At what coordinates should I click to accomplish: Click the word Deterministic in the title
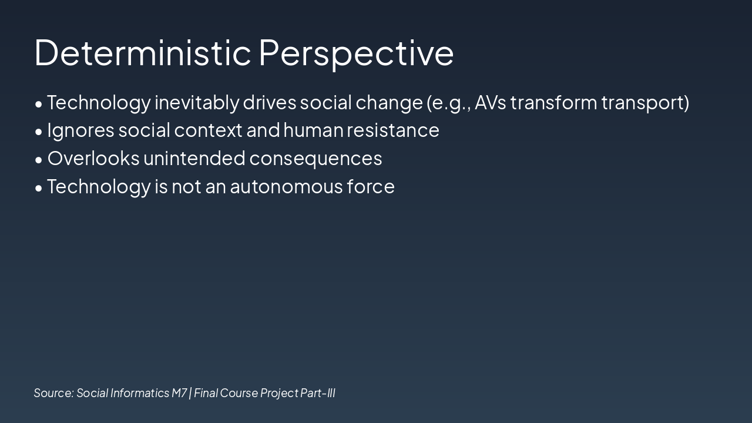coord(143,53)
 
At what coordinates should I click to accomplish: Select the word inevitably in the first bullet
coord(197,103)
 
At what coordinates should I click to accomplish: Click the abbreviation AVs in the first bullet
coord(490,102)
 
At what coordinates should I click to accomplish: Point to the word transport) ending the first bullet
coord(645,103)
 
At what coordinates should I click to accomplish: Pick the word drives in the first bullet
coord(270,102)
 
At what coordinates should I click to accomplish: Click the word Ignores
coord(80,131)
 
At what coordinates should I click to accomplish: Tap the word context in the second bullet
coord(208,130)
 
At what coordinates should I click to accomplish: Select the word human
coord(313,130)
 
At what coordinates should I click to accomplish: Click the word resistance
coord(393,130)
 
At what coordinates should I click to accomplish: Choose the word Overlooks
coord(93,158)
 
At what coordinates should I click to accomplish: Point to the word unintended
coord(194,158)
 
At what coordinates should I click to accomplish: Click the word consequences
coord(315,159)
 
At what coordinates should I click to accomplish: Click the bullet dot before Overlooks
coord(39,160)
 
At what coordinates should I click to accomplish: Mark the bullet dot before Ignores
coord(39,132)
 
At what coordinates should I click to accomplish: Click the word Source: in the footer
coord(53,393)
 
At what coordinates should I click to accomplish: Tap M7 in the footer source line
coord(179,393)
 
